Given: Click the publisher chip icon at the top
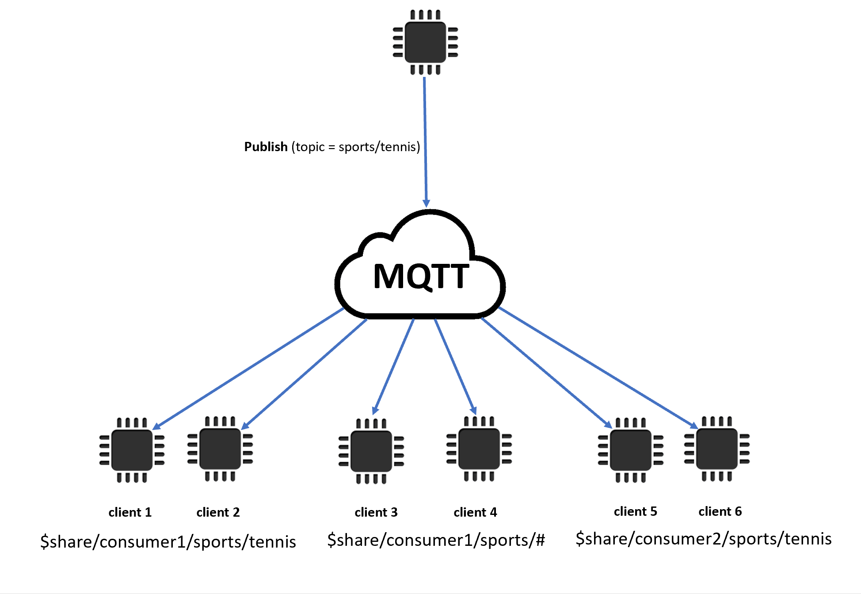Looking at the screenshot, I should coord(425,42).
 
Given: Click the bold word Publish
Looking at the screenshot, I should coord(266,147).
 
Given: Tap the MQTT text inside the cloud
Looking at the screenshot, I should coord(421,276).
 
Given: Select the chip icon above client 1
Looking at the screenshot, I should coord(132,450).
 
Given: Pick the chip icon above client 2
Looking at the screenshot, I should coord(220,449).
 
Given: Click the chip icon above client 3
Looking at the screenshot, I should coord(371,451).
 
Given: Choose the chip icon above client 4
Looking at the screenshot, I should coord(479,449).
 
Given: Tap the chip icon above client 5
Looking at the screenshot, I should coord(630,450).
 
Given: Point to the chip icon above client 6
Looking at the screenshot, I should coord(716,449).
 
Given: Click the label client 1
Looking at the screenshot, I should coord(130,512).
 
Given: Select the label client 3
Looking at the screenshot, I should coord(376,512).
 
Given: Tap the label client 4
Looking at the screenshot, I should coord(475,512).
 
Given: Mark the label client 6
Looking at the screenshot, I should coord(720,511).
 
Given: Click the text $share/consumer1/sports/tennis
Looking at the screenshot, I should coord(168,542).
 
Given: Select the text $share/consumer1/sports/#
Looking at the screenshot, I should coord(436,540).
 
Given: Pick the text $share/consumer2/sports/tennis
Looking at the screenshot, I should coord(703,539).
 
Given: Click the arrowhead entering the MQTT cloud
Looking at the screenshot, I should coord(427,203).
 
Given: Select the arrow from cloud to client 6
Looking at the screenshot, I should coord(597,367).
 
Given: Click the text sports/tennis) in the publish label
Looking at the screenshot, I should coord(379,147).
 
